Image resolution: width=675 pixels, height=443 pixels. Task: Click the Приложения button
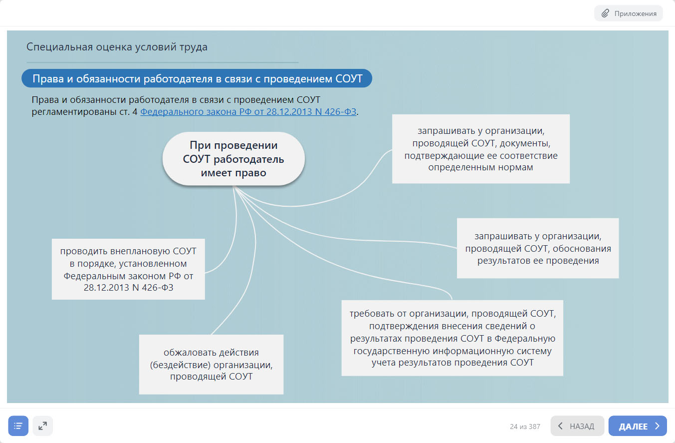[x=628, y=13]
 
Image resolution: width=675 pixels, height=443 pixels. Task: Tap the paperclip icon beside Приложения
[x=605, y=13]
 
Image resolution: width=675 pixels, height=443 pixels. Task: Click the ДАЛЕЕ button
[x=637, y=426]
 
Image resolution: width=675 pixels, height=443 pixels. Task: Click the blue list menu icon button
[x=18, y=426]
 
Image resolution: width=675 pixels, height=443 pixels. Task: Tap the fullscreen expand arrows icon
[x=43, y=426]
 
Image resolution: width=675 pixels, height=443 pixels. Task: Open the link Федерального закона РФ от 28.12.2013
[x=248, y=112]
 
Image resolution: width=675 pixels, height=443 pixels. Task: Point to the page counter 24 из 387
[x=525, y=427]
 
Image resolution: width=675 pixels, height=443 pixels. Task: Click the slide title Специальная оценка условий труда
[x=117, y=47]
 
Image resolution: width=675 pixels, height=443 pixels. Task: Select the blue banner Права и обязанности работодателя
[x=197, y=78]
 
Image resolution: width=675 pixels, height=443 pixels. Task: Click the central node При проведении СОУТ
[x=233, y=159]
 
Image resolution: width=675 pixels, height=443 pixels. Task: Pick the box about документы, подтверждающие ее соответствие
[x=480, y=149]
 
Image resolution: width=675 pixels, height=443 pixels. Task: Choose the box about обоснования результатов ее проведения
[x=537, y=248]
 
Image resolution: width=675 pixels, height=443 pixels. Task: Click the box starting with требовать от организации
[x=452, y=338]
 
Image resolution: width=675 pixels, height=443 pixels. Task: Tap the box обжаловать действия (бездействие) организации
[x=211, y=364]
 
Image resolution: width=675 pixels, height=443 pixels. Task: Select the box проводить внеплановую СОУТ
[x=128, y=269]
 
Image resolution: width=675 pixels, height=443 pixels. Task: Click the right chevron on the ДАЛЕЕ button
[x=658, y=426]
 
